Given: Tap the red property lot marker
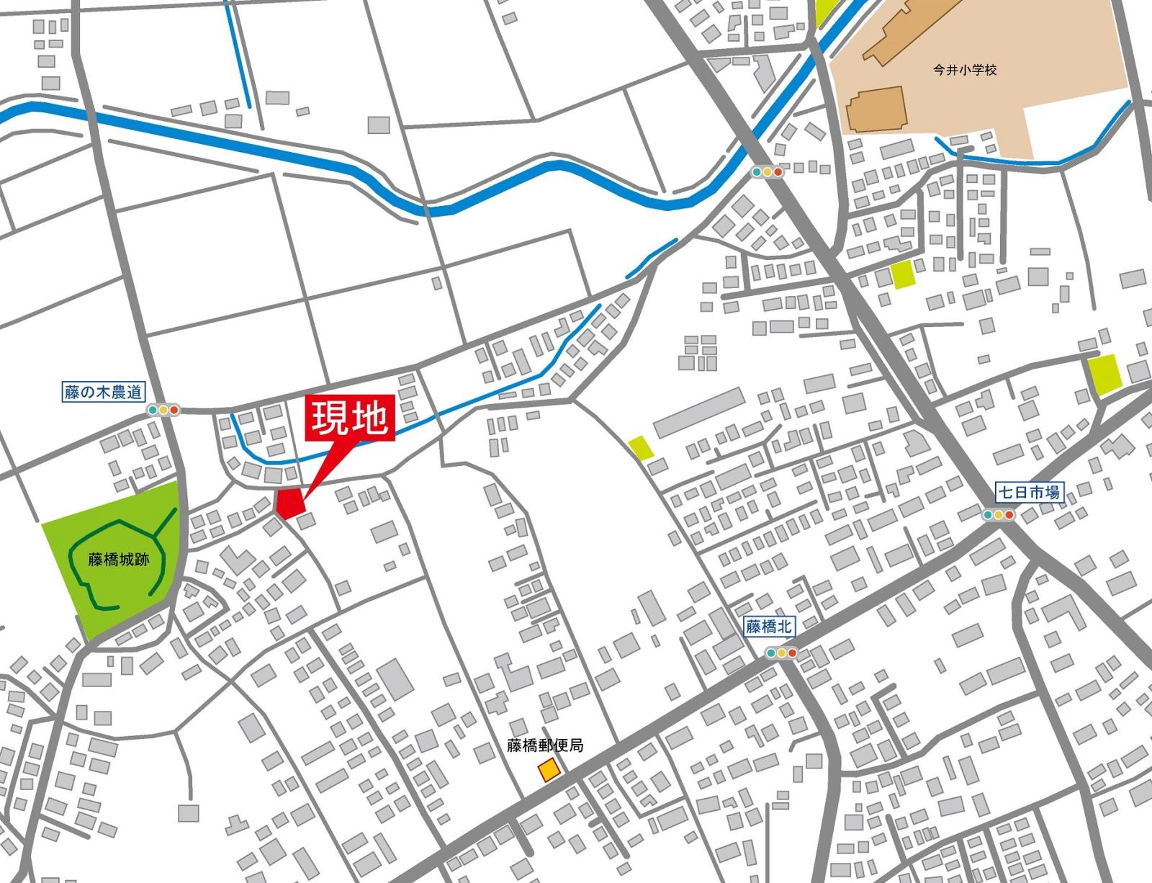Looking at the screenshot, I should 290,503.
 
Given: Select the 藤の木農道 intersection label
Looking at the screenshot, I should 104,393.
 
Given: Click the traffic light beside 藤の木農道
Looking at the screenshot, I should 163,411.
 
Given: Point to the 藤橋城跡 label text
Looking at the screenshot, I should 119,559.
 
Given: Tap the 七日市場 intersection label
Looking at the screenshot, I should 1028,493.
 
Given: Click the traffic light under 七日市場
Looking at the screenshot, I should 998,515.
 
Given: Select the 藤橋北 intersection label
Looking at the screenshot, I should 769,627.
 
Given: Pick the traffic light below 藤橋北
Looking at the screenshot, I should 781,653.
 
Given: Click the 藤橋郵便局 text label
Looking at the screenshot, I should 545,745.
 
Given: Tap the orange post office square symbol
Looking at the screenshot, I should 549,770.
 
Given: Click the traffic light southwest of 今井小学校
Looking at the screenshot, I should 767,172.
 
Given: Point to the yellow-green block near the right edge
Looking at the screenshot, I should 1104,375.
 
